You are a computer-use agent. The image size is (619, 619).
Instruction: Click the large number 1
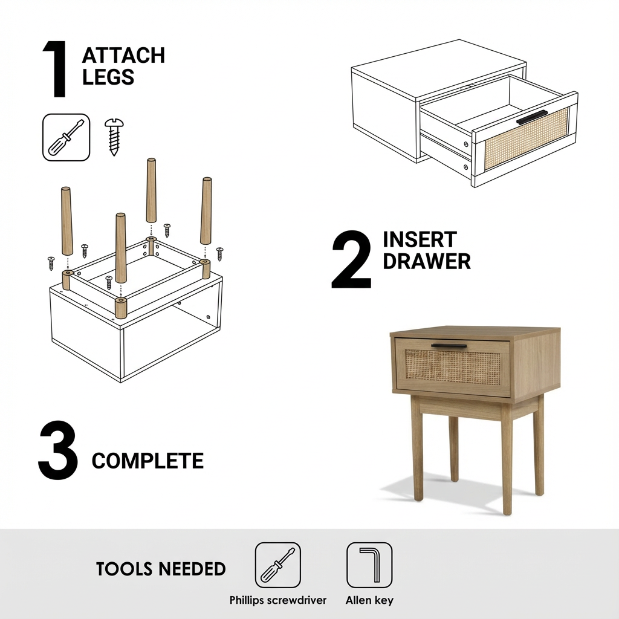56,70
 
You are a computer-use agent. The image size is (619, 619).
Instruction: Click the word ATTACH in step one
123,56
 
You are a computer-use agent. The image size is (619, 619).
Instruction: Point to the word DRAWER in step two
427,261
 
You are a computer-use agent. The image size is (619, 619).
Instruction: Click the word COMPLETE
147,461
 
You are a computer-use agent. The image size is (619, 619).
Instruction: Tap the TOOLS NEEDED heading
161,569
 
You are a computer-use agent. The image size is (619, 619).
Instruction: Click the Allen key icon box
369,565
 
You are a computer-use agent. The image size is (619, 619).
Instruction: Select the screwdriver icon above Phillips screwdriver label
277,565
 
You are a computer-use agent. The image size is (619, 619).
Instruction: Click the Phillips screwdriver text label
278,600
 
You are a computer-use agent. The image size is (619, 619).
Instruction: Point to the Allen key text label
369,600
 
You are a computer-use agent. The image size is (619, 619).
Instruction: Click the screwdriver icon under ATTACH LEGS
66,137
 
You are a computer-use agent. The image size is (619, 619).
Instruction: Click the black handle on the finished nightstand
449,346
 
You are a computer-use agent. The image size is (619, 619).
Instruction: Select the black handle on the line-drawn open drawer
532,118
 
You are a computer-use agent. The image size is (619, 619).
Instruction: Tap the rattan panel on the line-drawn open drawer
527,142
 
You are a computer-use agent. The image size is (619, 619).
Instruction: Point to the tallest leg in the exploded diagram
151,190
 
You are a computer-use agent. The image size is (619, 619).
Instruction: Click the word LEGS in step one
108,77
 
